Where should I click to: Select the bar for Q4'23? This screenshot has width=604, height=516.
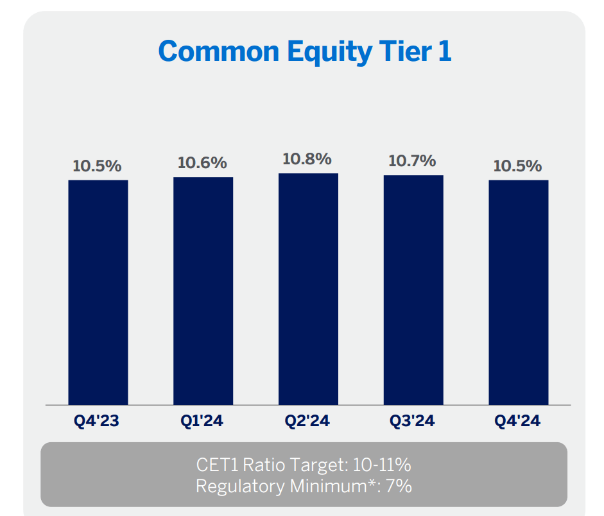pyautogui.click(x=98, y=292)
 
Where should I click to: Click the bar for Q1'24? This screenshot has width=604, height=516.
pyautogui.click(x=203, y=291)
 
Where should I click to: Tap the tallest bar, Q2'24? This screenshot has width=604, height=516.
pyautogui.click(x=308, y=289)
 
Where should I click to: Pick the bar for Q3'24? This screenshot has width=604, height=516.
pyautogui.click(x=413, y=290)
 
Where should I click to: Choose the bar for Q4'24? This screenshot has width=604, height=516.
pyautogui.click(x=519, y=292)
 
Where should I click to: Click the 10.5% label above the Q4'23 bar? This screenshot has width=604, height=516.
pyautogui.click(x=97, y=166)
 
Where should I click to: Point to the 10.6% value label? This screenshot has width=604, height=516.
pyautogui.click(x=202, y=163)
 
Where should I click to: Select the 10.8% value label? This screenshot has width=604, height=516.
pyautogui.click(x=307, y=159)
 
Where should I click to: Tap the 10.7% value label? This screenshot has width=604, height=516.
pyautogui.click(x=412, y=161)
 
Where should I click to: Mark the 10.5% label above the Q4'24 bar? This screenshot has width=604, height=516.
pyautogui.click(x=517, y=166)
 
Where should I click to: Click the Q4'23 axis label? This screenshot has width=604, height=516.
pyautogui.click(x=97, y=422)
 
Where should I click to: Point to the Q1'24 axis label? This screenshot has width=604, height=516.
pyautogui.click(x=202, y=422)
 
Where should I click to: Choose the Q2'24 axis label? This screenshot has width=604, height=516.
pyautogui.click(x=307, y=422)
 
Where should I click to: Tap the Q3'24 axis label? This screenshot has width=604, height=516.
pyautogui.click(x=412, y=422)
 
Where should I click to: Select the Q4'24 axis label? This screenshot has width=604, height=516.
pyautogui.click(x=517, y=422)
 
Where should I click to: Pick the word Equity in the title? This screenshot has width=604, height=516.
pyautogui.click(x=331, y=52)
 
